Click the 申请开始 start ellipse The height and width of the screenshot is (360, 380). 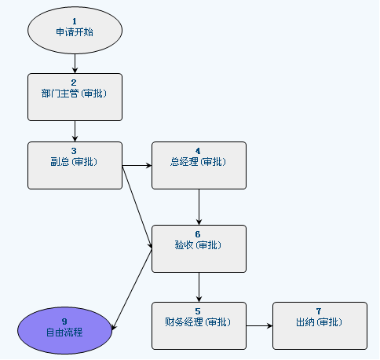pos(75,31)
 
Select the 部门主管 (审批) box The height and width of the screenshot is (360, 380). pos(75,97)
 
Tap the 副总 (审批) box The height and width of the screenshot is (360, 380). pos(75,165)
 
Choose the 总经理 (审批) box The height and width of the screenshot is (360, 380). pos(199,165)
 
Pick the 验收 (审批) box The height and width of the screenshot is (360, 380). pos(199,248)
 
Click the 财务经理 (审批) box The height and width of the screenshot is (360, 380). pos(199,325)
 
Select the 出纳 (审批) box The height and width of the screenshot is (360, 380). pos(320,325)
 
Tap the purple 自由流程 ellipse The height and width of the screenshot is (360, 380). pos(64,331)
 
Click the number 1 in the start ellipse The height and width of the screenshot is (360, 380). pos(75,21)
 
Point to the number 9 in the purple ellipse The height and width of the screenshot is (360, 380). pos(64,321)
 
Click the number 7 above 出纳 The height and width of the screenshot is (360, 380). pos(319,311)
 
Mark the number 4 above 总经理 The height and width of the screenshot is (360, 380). pos(198,151)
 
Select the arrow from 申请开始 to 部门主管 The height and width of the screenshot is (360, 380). pos(75,64)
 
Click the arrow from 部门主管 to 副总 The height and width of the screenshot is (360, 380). pos(75,131)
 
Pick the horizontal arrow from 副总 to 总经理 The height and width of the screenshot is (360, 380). pos(137,165)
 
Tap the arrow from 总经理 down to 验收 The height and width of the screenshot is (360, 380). pos(199,207)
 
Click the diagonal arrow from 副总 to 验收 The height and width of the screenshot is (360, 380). pos(137,207)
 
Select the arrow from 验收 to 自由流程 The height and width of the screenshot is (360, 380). pos(132,289)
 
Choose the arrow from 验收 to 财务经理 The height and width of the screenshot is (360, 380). pos(199,287)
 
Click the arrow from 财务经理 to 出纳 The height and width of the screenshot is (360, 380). pos(259,325)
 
